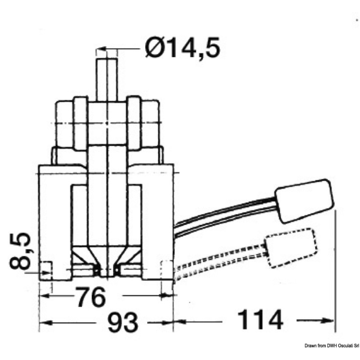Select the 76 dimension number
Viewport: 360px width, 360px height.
[91, 297]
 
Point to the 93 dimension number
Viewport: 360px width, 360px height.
[123, 322]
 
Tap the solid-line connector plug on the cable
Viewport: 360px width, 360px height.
[304, 201]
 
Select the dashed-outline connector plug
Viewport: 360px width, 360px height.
[291, 248]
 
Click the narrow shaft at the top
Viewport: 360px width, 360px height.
[107, 79]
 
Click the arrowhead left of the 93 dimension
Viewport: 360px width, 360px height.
[45, 323]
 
